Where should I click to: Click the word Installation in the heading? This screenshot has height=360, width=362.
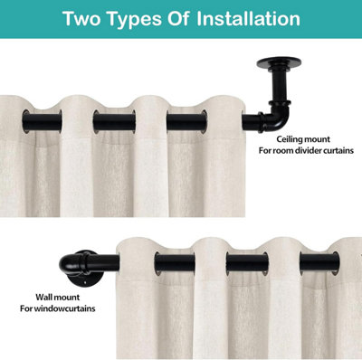pos(248,19)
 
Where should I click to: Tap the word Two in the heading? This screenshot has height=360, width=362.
pos(81,19)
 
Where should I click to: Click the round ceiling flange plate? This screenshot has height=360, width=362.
pos(279,62)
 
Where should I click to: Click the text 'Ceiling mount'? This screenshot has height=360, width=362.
pos(303,139)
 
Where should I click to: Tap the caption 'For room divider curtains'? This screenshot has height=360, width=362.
pos(306,150)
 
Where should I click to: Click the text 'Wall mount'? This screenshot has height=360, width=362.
pos(58,298)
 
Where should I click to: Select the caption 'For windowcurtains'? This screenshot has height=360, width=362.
pos(58,308)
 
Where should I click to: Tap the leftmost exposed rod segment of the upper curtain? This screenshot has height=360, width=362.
pos(42,121)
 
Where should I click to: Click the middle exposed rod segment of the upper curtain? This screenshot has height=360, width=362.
pos(114,121)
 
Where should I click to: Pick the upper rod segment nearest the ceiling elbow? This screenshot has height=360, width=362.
pos(187,121)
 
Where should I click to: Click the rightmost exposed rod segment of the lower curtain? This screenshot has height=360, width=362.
pos(319,263)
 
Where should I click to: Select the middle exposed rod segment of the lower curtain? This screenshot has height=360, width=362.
pos(247,263)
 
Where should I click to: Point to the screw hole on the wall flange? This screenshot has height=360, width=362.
pos(86,283)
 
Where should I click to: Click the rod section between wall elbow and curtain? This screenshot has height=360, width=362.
pos(104,263)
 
